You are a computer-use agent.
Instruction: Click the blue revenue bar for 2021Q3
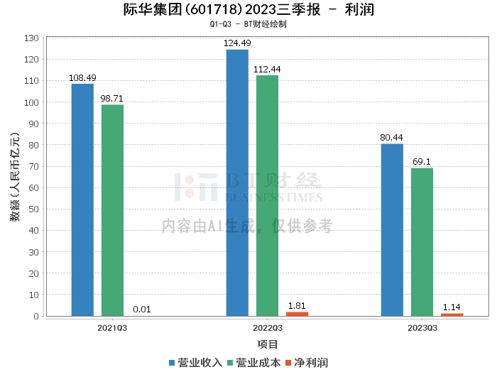point(82,199)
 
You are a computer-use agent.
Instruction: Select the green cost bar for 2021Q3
point(112,210)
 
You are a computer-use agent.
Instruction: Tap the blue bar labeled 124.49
point(237,182)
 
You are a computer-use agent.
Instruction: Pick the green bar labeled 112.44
point(267,195)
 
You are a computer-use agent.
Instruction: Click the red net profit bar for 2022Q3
point(297,314)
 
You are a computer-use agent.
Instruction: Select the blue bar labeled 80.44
point(392,229)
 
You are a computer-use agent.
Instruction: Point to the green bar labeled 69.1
point(422,241)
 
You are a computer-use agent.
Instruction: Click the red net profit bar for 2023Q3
point(452,314)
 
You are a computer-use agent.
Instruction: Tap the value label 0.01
point(142,309)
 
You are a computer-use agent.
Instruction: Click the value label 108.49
point(82,77)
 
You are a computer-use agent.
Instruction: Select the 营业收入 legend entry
point(195,363)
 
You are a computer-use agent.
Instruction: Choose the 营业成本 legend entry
point(253,363)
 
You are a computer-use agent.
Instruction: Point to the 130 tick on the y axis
point(31,38)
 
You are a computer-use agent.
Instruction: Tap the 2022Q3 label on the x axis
point(267,328)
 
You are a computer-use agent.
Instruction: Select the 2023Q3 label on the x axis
point(422,328)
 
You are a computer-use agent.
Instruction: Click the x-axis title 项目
point(267,344)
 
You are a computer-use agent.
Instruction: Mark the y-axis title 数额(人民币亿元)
point(15,177)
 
